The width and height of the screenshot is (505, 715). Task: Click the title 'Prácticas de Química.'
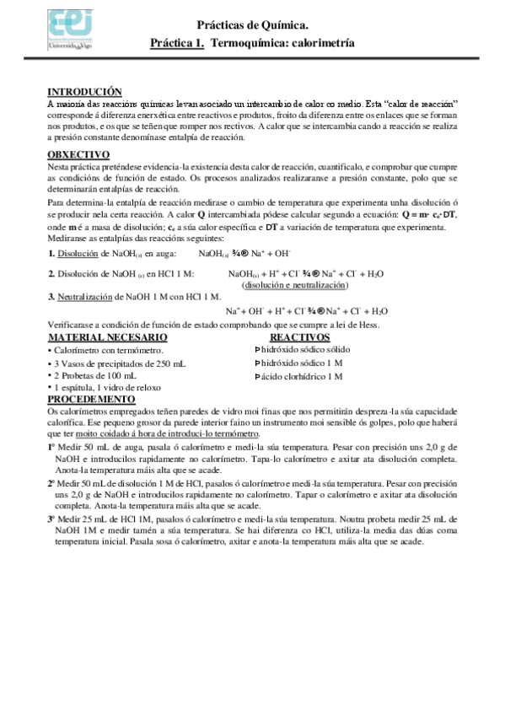[253, 28]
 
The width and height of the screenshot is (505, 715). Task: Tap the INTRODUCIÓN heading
[84, 91]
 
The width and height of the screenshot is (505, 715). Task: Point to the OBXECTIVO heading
[79, 154]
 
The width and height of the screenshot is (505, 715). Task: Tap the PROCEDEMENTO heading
[91, 398]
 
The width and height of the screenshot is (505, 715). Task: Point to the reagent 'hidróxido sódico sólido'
[305, 349]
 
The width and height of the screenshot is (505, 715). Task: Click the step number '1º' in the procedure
[52, 447]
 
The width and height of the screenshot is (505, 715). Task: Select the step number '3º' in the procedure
[52, 520]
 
